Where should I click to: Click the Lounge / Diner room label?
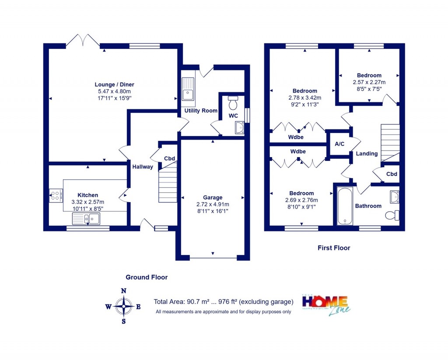coord(114,84)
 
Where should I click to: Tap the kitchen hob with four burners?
coord(56,195)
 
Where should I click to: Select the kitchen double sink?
coord(86,218)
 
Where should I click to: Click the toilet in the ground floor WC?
coord(233,103)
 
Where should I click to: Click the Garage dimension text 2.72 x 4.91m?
coord(213,204)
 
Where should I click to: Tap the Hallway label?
coord(143,167)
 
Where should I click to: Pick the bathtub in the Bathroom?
coord(345,206)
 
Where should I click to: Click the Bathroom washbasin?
coord(394,197)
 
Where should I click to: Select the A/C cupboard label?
coord(339,144)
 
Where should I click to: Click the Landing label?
coord(367,154)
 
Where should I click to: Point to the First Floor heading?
coord(334,248)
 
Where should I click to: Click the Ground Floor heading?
coord(147,277)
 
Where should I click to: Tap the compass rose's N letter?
coord(124,290)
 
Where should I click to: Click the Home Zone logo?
coord(326,304)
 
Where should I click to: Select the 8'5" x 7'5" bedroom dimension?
coord(369,88)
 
